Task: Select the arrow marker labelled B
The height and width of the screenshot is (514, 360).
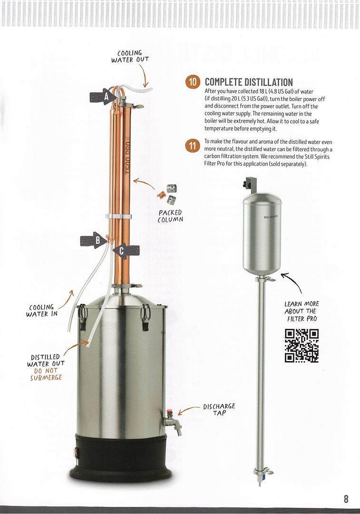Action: [94, 240]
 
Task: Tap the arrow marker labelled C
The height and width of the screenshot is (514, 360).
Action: [126, 251]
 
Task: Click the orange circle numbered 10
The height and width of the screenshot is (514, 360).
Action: [193, 82]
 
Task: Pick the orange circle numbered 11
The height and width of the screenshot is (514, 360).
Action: [192, 146]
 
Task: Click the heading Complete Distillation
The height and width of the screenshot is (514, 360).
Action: [249, 82]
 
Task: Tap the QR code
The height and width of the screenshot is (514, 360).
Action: [302, 346]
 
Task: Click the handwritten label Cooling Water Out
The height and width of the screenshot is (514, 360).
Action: [130, 56]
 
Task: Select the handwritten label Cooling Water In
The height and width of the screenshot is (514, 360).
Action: [41, 310]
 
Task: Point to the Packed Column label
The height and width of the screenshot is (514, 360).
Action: [170, 217]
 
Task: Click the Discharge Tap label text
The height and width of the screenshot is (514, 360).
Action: [219, 409]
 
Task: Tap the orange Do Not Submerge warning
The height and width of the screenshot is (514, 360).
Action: [46, 374]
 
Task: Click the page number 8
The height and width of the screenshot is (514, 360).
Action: [346, 499]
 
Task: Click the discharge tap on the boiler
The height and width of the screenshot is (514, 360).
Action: [173, 422]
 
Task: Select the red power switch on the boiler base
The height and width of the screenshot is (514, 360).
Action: [78, 454]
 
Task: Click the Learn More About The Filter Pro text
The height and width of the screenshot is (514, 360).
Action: [302, 311]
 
